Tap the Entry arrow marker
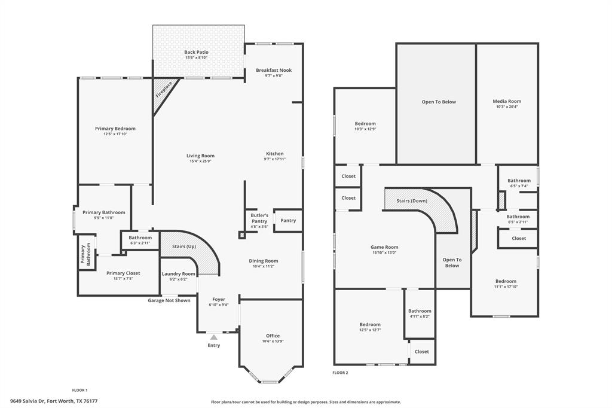(213, 338)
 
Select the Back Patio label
(196, 53)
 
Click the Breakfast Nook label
(274, 70)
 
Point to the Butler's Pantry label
(259, 215)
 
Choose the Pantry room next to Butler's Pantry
(288, 221)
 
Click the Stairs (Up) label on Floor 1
(184, 246)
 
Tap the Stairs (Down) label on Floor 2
(412, 201)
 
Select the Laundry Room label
(179, 273)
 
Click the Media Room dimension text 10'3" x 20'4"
(507, 107)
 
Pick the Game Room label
(384, 247)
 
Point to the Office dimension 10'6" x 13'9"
(273, 341)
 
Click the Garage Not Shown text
(169, 300)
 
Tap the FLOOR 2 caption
(340, 373)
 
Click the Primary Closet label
(123, 273)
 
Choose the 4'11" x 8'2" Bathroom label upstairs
(420, 316)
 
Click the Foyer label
(219, 299)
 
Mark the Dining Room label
(264, 261)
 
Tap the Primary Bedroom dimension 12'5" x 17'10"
(115, 134)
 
